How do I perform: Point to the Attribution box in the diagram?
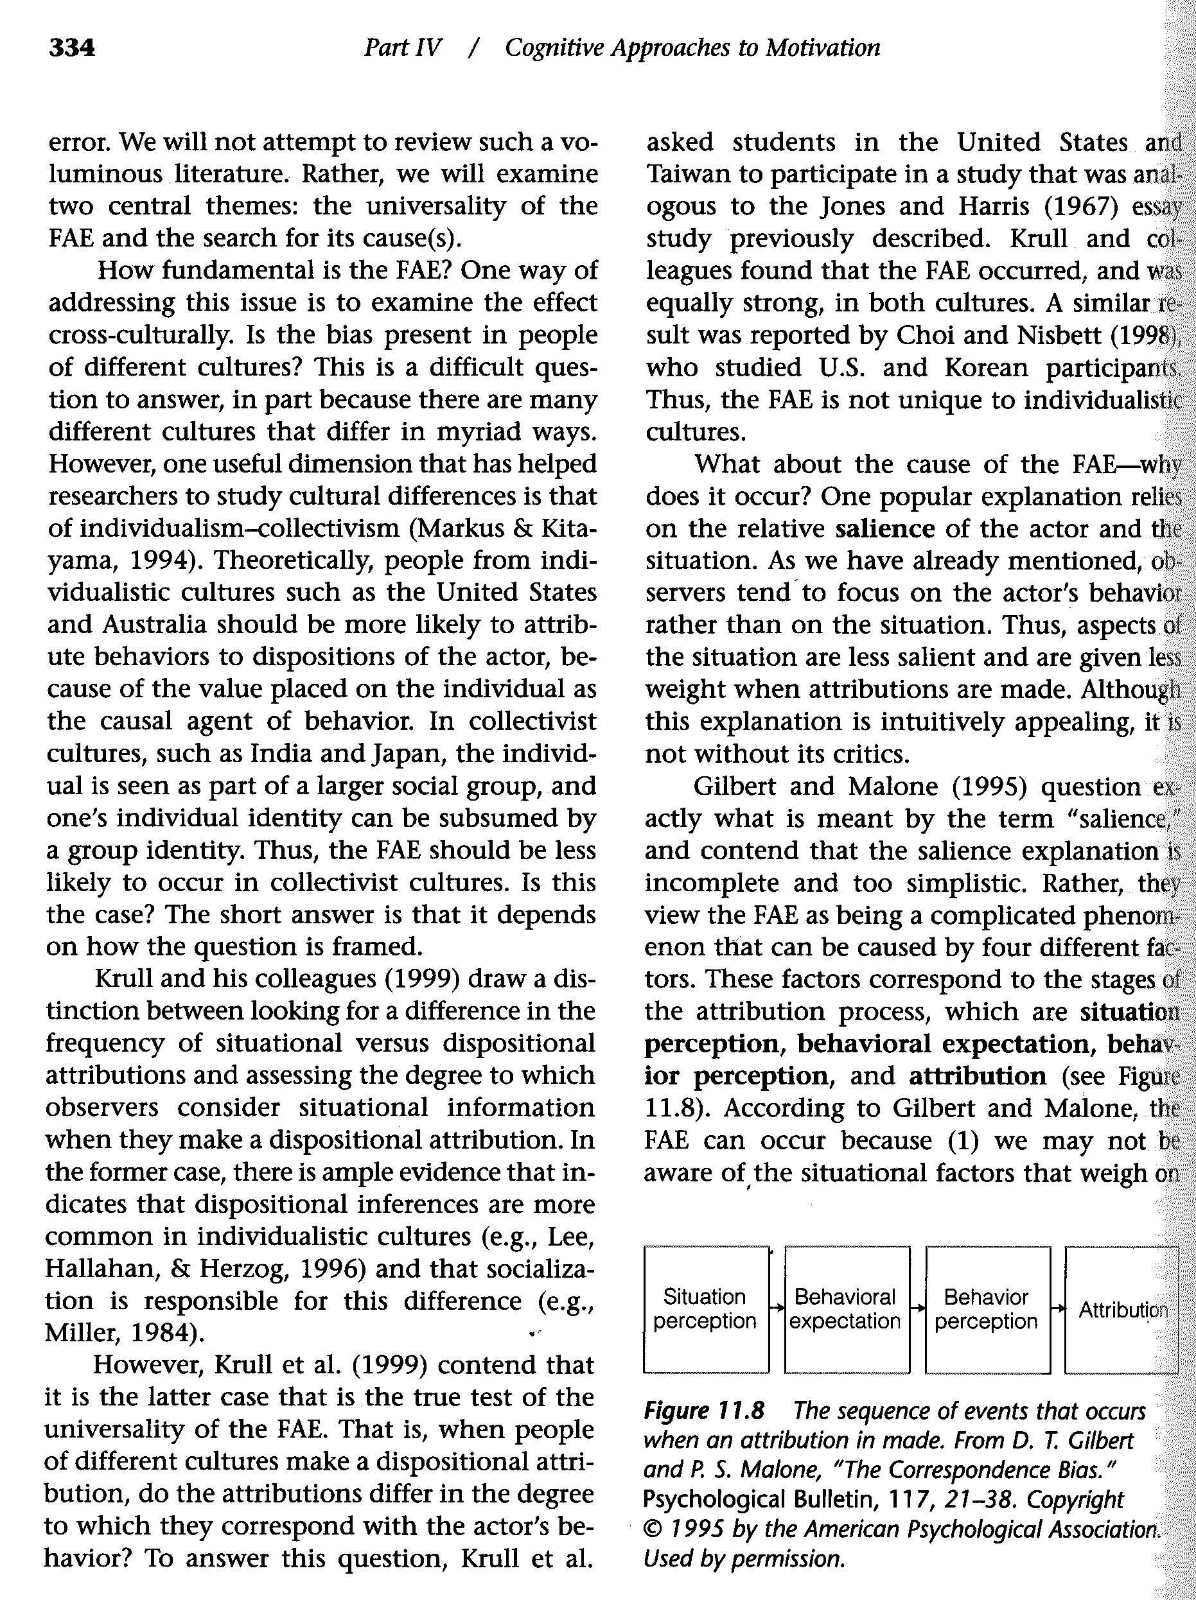[x=1122, y=1309]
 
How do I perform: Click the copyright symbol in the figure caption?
[x=651, y=1529]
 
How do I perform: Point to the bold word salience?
[x=884, y=529]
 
